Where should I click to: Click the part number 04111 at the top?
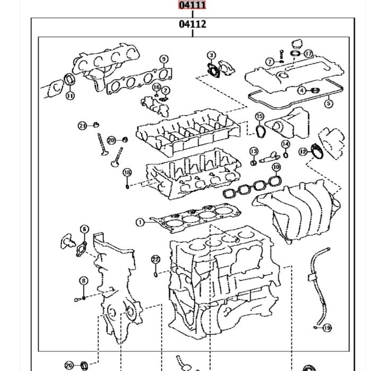[192, 5]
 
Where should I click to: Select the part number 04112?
[192, 24]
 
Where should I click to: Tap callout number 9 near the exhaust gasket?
[164, 59]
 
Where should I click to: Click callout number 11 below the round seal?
[70, 96]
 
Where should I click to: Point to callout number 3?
[211, 55]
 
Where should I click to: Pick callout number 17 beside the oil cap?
[308, 54]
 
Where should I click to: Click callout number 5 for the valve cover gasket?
[329, 104]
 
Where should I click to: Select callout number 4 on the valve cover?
[302, 91]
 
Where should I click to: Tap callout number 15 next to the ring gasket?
[259, 117]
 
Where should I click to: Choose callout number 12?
[303, 152]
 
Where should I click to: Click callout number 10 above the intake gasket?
[276, 167]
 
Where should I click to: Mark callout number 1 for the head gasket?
[140, 223]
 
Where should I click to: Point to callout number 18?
[127, 173]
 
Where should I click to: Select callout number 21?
[82, 126]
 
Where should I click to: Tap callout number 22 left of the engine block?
[155, 259]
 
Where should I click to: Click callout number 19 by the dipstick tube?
[327, 328]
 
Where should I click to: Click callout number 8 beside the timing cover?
[84, 281]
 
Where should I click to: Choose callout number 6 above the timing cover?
[84, 229]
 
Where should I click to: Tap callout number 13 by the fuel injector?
[254, 152]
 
